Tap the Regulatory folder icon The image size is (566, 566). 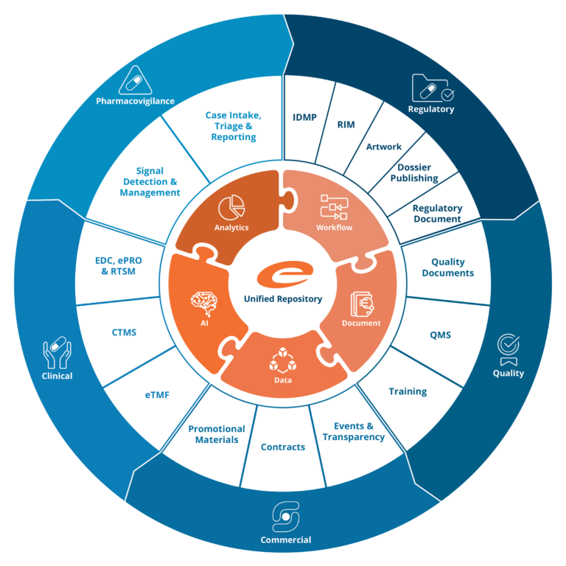(x=433, y=88)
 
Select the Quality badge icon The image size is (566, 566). (x=508, y=348)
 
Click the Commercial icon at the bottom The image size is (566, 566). (x=285, y=517)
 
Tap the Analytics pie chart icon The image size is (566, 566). (x=232, y=206)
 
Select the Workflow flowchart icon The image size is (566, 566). (x=334, y=207)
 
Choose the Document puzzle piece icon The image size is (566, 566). (x=361, y=303)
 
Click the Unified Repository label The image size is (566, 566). (x=283, y=298)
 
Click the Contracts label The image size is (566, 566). (x=283, y=447)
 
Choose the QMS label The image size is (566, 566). (x=440, y=335)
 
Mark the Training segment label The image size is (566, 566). (x=408, y=391)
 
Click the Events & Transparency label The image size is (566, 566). (x=354, y=432)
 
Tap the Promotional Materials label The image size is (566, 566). (x=217, y=434)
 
